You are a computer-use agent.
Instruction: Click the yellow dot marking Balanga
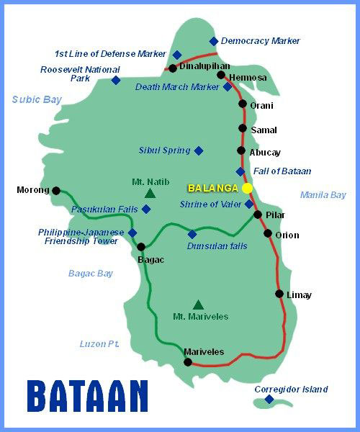point(247,188)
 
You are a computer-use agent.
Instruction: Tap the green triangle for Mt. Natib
point(150,193)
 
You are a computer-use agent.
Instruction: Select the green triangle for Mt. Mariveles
point(198,305)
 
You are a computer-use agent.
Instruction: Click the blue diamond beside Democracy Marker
point(213,41)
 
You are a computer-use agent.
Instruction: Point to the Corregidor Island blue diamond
point(269,399)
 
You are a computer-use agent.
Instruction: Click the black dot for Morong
point(56,191)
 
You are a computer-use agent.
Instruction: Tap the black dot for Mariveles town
point(189,362)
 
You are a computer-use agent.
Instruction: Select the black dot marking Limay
point(279,294)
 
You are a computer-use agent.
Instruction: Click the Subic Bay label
point(37,100)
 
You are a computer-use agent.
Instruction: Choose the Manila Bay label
point(323,195)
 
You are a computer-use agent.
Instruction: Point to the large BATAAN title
point(88,397)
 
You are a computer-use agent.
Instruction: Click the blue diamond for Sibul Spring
point(199,150)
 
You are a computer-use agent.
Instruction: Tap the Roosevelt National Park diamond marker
point(115,80)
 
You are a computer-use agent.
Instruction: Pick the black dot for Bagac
point(141,247)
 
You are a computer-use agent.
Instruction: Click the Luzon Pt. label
point(99,344)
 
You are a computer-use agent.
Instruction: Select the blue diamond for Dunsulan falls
point(192,234)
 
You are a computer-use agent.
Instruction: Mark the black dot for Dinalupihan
point(173,68)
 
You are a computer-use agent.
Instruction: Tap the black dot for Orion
point(268,233)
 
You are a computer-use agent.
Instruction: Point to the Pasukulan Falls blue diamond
point(146,209)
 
